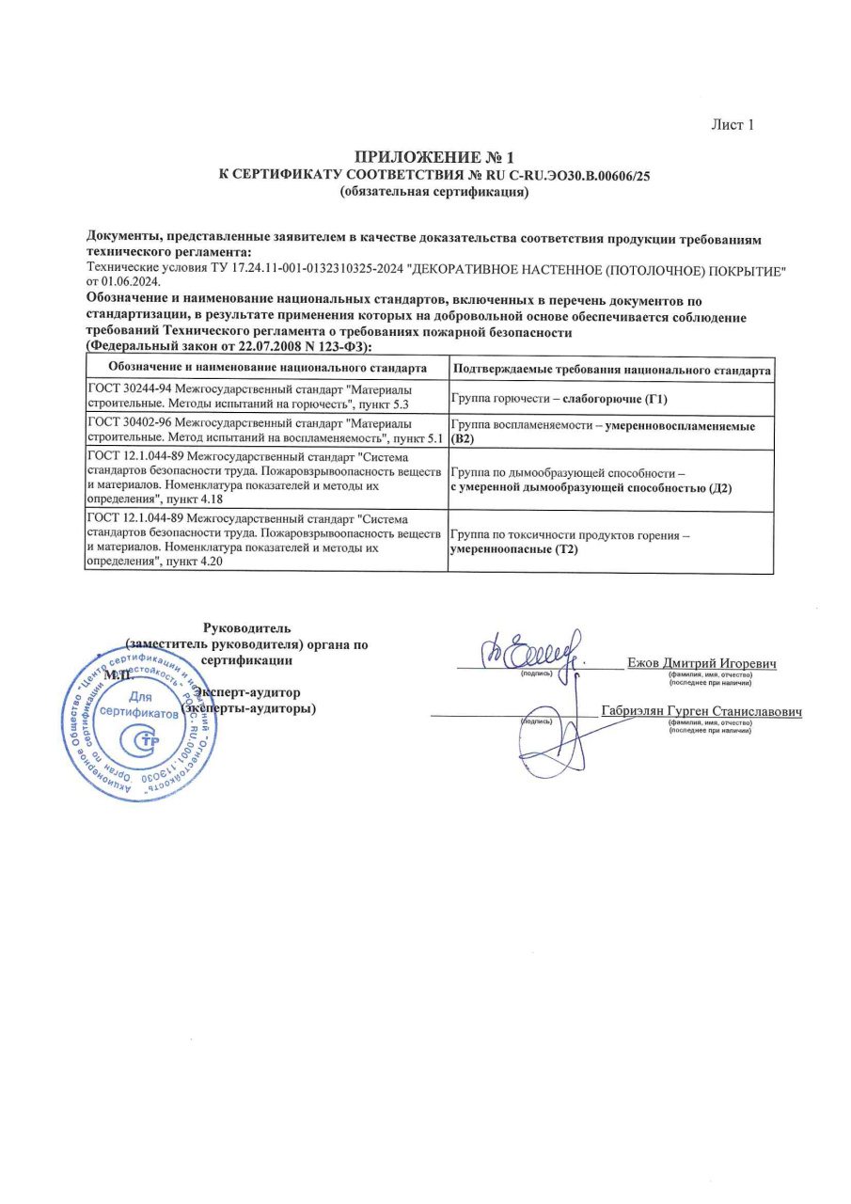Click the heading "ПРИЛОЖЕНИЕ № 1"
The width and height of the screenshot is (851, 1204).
tap(434, 156)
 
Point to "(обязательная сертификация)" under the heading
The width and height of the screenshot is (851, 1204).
tap(434, 192)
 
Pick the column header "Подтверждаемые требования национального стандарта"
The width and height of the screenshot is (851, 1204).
tap(612, 369)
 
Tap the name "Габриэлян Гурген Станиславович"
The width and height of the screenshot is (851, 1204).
tap(701, 711)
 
